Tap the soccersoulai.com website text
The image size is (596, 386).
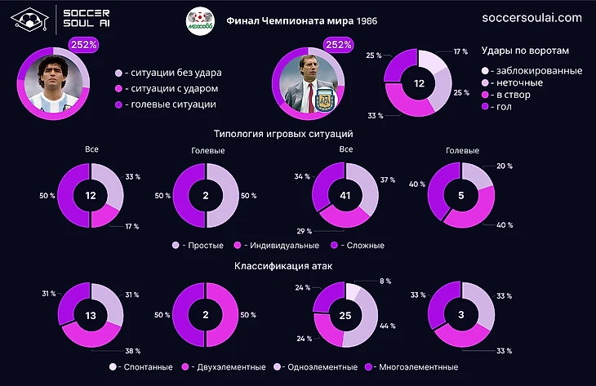tap(532, 17)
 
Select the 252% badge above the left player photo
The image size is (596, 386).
tap(83, 46)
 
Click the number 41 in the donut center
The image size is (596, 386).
tap(346, 195)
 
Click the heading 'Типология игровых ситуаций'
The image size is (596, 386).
tap(282, 133)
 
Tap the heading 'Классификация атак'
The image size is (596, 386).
tap(282, 266)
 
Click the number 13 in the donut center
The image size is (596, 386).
tap(91, 315)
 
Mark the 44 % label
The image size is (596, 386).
tap(387, 326)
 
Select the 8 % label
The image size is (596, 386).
tap(384, 282)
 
